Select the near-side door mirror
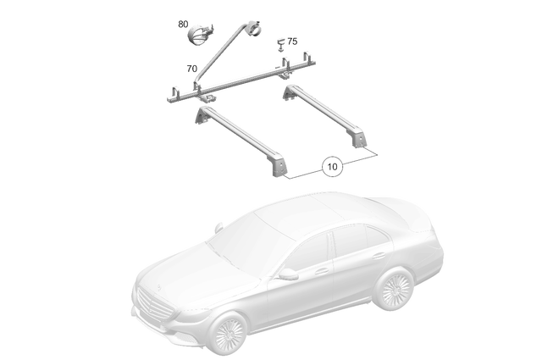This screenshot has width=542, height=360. pyautogui.click(x=289, y=273)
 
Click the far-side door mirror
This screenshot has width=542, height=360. pyautogui.click(x=218, y=226)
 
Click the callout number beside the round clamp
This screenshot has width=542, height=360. pyautogui.click(x=181, y=25)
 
